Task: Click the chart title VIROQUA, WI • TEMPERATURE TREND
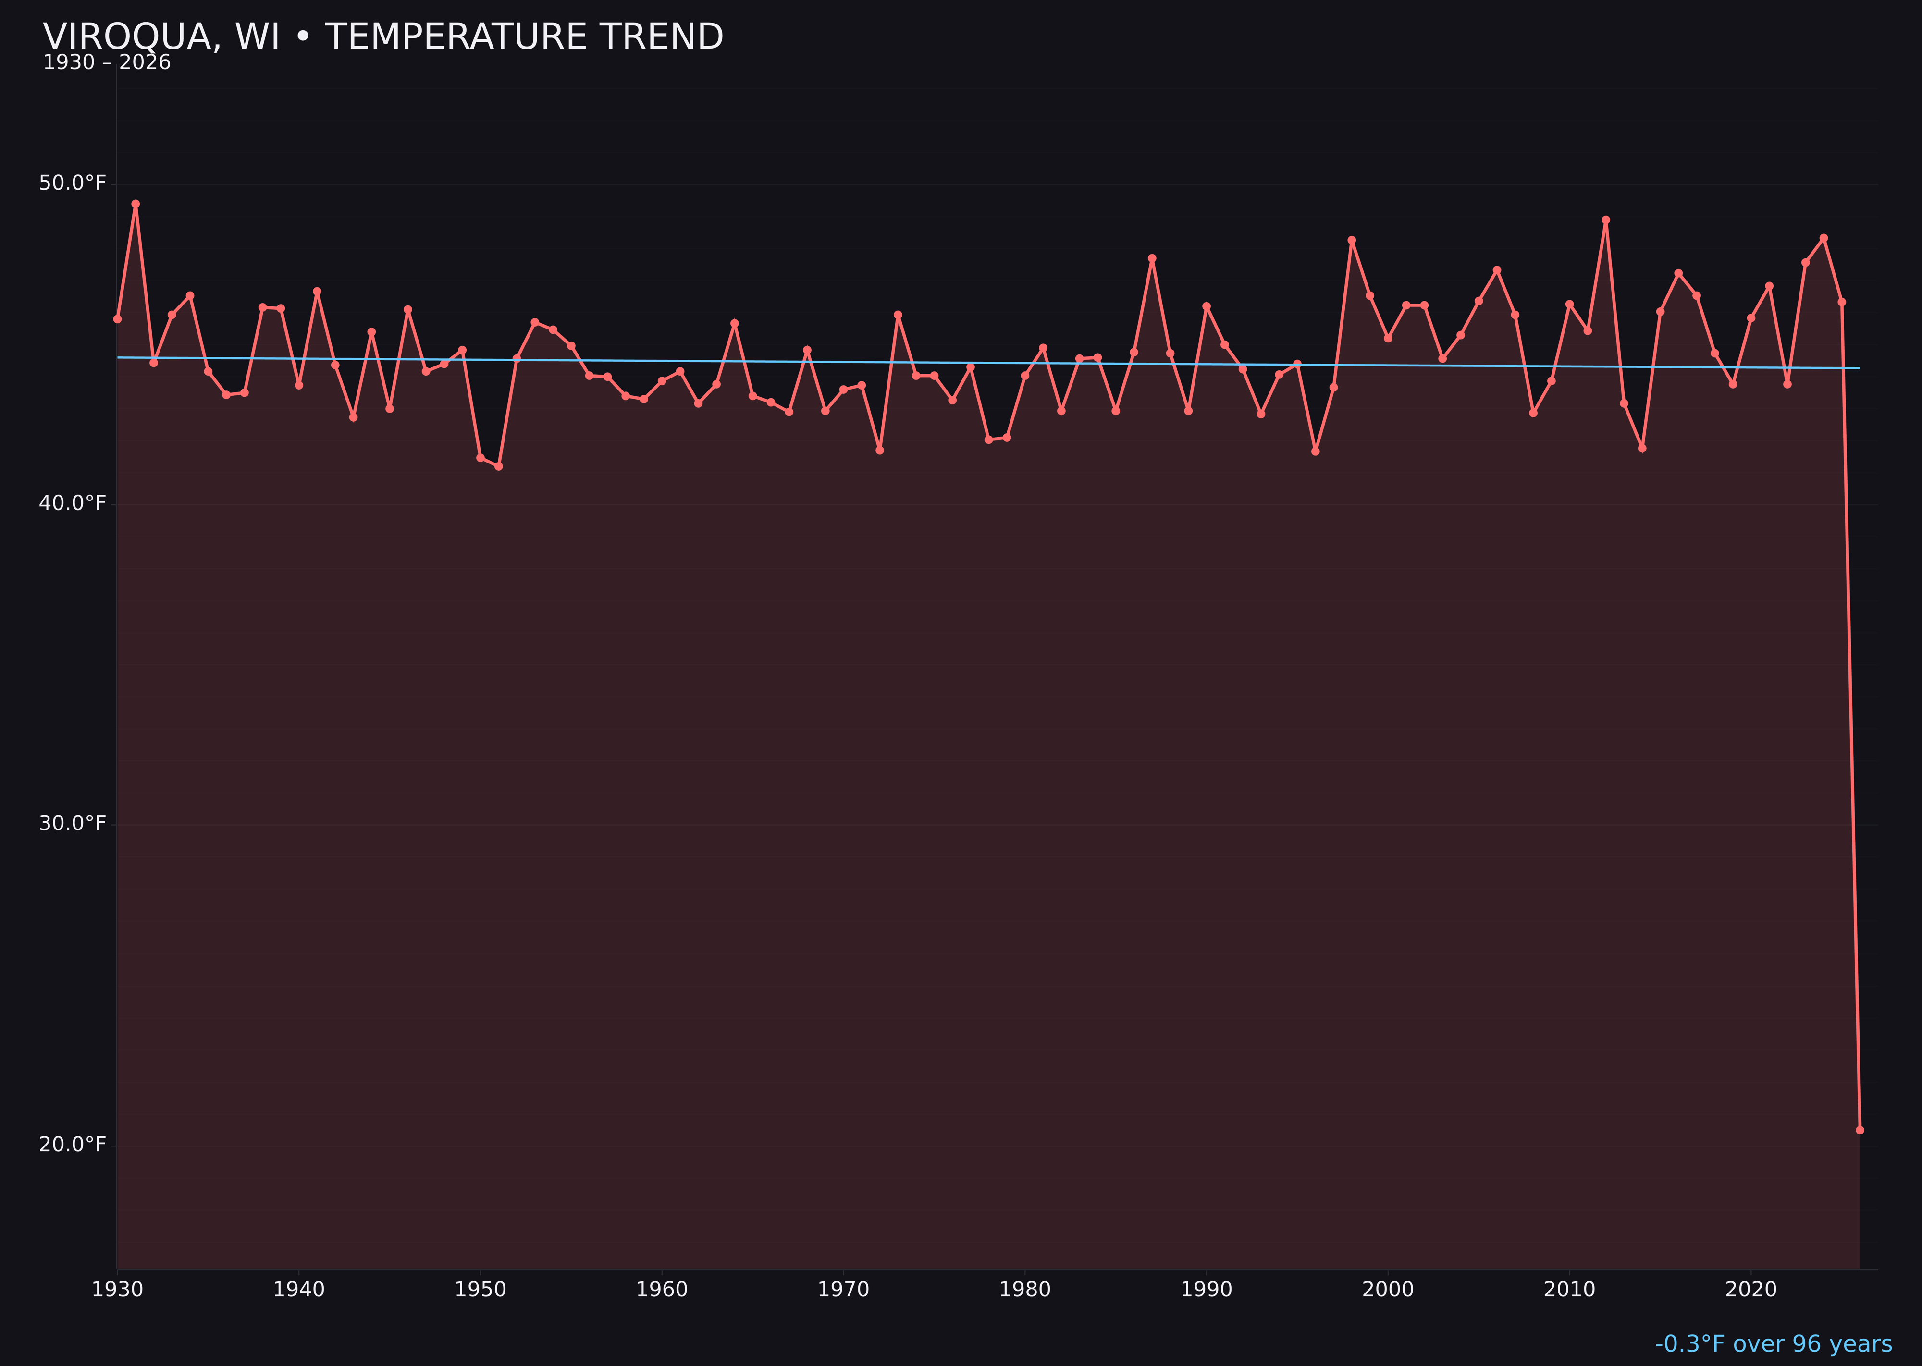coord(383,37)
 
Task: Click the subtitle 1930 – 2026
coord(107,63)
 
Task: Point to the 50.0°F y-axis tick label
coord(73,183)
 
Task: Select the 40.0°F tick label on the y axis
coord(73,503)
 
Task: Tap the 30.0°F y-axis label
coord(73,823)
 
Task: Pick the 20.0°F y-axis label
coord(73,1145)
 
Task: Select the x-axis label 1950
coord(480,1290)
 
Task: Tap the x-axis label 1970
coord(843,1290)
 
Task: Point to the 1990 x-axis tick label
coord(1206,1290)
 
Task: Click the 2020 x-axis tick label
coord(1750,1290)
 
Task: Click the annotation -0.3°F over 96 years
coord(1773,1344)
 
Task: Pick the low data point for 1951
coord(498,466)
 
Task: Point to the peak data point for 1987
coord(1152,258)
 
